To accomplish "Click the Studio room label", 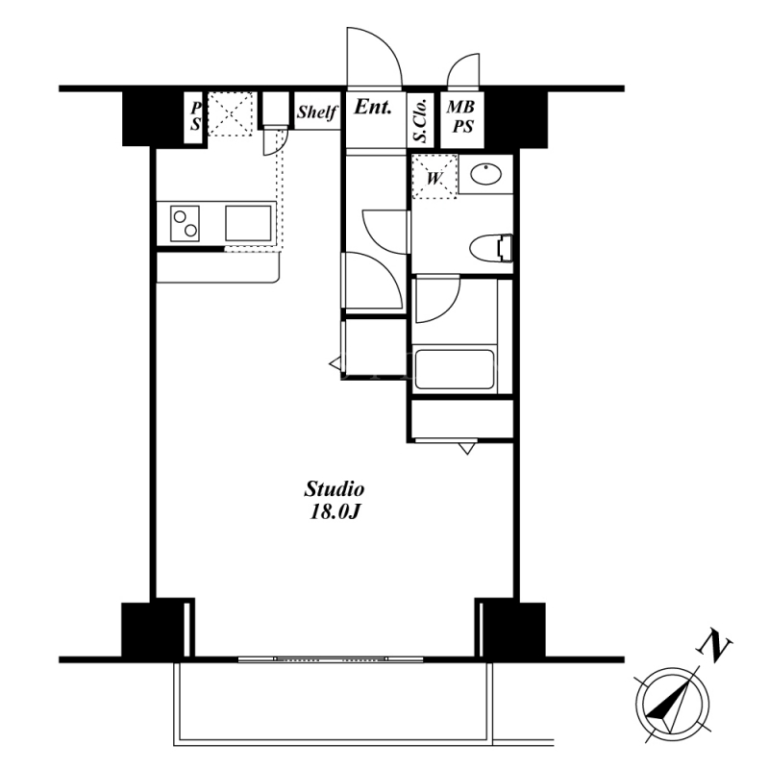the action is (335, 489).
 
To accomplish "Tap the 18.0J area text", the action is (335, 512).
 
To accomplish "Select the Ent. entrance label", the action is (373, 107).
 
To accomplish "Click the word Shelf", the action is (317, 112).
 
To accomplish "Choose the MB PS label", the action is (461, 116).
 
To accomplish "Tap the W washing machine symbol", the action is (434, 177).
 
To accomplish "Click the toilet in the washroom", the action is (491, 248).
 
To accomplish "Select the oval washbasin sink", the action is (486, 173).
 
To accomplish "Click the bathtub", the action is (454, 370).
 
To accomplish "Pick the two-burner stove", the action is (185, 224).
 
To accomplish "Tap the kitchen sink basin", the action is (248, 223).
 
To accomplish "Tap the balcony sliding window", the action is (332, 659).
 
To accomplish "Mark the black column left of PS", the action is (153, 119).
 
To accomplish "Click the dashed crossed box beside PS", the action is (231, 113).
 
